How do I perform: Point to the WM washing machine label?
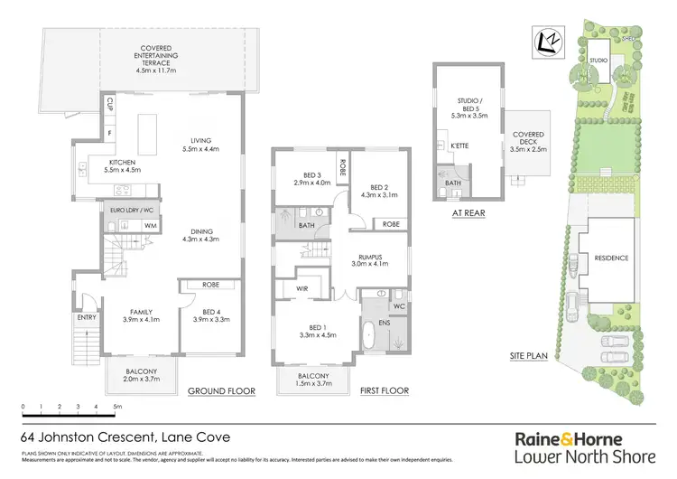pyautogui.click(x=150, y=224)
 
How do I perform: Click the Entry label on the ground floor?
pyautogui.click(x=85, y=318)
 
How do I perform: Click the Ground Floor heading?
pyautogui.click(x=221, y=391)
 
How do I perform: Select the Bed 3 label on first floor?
pyautogui.click(x=307, y=178)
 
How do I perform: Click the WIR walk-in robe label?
pyautogui.click(x=302, y=289)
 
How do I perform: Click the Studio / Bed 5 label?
pyautogui.click(x=472, y=109)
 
